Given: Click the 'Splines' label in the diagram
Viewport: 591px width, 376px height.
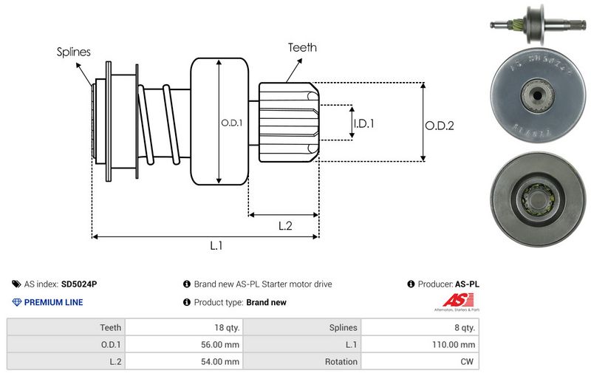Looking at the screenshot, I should [x=73, y=52].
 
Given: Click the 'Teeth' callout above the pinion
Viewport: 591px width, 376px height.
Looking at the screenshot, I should [x=302, y=47].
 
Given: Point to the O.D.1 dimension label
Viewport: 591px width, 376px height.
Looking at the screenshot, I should [x=231, y=123].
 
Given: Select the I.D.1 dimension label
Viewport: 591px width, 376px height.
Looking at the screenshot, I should [x=363, y=123].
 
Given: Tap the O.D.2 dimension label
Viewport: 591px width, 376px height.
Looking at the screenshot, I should [x=439, y=126].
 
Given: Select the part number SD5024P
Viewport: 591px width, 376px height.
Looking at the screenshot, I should [x=79, y=284].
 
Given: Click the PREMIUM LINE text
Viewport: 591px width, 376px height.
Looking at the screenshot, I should [x=53, y=302].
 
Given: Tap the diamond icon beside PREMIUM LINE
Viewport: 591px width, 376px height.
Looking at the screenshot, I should [x=17, y=302].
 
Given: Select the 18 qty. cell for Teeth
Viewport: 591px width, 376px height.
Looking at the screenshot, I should [x=227, y=327].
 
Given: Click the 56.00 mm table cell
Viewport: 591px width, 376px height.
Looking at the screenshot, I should [x=222, y=344].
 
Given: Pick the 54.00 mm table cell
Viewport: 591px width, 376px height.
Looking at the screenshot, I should [x=222, y=362].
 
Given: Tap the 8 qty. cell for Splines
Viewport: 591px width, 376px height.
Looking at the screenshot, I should [x=464, y=327].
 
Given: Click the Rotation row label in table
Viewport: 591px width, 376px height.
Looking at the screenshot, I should [x=341, y=362].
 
